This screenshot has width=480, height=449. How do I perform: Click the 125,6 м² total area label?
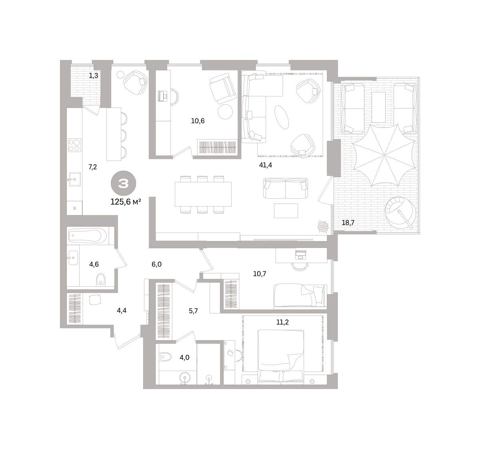pos(126,202)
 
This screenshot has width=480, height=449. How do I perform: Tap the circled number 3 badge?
pos(123,184)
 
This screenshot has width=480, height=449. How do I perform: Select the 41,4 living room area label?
pos(265,165)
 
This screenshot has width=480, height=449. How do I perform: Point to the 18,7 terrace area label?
pos(348,223)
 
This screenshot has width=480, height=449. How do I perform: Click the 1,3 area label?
pos(94,76)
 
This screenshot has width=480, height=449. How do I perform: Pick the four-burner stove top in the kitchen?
pos(75,145)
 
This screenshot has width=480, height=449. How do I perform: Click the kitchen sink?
pos(74,179)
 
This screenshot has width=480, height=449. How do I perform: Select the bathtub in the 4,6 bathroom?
pos(88,236)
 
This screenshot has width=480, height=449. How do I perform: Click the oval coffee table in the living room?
pos(282,118)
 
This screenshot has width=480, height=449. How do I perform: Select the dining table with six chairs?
pos(203,194)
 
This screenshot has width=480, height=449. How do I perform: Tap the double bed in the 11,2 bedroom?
pos(281,356)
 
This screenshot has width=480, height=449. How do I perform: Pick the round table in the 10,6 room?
pos(225,112)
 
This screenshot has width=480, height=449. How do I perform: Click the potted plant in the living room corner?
pos(323,227)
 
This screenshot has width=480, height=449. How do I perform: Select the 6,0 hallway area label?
pos(157,264)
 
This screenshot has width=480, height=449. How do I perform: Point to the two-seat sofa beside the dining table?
pos(286,188)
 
